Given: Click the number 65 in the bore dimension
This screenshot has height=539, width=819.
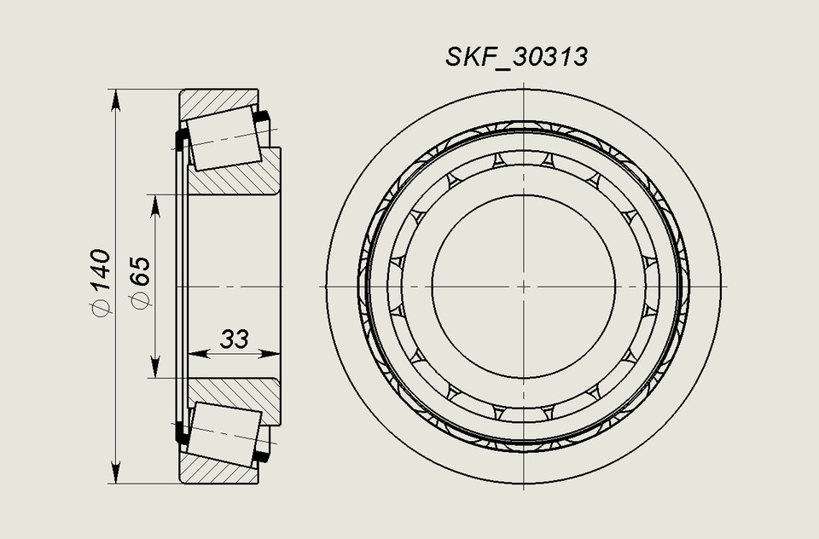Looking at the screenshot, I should [x=140, y=271].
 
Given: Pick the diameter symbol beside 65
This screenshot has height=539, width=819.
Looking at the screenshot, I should [x=140, y=299].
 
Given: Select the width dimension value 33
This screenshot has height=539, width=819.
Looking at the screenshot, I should [x=234, y=339].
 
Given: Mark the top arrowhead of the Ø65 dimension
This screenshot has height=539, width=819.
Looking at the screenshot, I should [x=154, y=206].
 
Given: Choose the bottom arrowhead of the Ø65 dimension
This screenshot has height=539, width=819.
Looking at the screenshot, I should [x=154, y=367].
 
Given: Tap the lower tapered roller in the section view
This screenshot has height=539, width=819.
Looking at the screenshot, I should [x=224, y=434].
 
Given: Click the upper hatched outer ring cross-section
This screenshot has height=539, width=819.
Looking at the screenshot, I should [x=213, y=100].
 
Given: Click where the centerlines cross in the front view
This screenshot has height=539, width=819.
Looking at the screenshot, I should [x=524, y=286].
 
